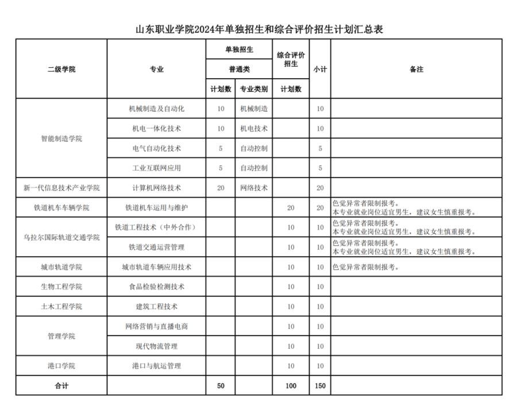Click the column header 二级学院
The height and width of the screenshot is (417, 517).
coord(61,69)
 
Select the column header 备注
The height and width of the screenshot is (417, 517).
coord(416,69)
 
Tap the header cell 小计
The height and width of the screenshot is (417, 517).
coord(320,69)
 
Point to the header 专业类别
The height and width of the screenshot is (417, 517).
coord(253,89)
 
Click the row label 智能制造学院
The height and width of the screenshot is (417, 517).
coord(61,138)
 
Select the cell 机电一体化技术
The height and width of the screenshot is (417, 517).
coord(156,129)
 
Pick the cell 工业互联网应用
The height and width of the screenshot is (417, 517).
coord(156,168)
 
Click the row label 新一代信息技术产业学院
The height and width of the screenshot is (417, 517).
coord(61,188)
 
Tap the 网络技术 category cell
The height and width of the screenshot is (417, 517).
coord(253,188)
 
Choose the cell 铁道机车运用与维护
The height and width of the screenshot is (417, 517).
coord(156,208)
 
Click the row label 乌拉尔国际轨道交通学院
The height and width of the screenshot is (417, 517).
coord(61,237)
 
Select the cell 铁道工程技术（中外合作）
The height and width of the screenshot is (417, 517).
coord(156,227)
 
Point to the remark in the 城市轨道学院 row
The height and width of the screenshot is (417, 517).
coord(365,267)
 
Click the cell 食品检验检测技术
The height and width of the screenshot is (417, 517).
coord(156,287)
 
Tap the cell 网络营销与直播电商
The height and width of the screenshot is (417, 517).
coord(156,326)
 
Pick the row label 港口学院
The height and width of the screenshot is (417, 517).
coord(61,366)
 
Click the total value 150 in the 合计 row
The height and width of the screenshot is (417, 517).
coord(320,386)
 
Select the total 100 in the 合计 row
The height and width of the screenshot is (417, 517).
coord(291,386)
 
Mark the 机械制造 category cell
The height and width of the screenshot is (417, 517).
coord(253,109)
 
